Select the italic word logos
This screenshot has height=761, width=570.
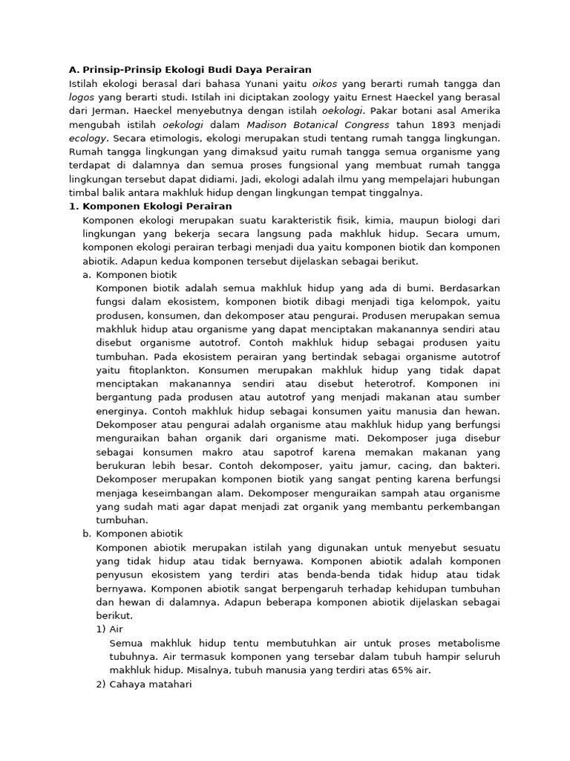81,97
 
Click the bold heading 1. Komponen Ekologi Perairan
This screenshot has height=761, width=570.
150,206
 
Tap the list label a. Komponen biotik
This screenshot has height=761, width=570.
129,274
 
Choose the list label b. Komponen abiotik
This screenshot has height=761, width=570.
132,534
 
